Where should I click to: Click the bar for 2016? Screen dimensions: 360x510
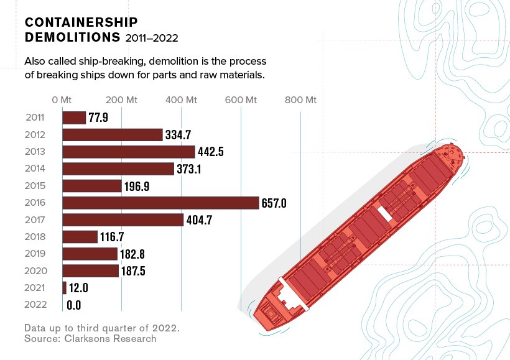click(x=160, y=203)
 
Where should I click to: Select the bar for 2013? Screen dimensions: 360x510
click(x=129, y=152)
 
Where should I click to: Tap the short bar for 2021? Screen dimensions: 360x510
click(x=64, y=288)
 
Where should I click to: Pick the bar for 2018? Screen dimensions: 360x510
click(x=80, y=237)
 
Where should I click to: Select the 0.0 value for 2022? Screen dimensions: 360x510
click(x=73, y=305)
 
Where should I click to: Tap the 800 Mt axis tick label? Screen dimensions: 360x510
click(x=301, y=100)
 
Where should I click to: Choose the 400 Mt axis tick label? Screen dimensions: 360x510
click(x=182, y=100)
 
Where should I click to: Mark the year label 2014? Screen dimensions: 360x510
click(x=35, y=168)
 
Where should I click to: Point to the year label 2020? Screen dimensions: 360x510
click(x=35, y=270)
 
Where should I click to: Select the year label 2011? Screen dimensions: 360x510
click(x=35, y=118)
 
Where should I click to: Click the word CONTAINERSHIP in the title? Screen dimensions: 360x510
click(x=81, y=22)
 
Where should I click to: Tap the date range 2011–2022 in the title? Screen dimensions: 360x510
click(x=152, y=38)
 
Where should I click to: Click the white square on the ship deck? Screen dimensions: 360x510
click(x=386, y=213)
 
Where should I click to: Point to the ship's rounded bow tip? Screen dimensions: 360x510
click(x=459, y=151)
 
